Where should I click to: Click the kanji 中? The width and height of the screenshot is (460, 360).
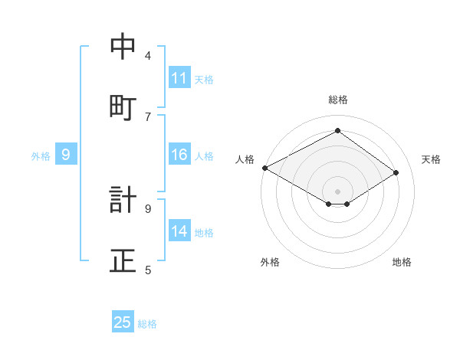point(123,47)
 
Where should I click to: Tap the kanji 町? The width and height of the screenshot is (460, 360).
point(123,108)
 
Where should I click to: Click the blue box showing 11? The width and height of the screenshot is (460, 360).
point(179,78)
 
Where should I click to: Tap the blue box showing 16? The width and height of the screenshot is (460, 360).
point(179,155)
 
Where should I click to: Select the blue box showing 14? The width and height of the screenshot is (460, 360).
point(179,232)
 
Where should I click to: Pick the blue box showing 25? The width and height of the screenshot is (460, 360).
point(123,322)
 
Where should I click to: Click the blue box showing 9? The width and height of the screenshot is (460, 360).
point(66,155)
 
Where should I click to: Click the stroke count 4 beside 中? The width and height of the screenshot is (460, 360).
point(148,55)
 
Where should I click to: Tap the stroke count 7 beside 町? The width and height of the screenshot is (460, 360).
point(148,116)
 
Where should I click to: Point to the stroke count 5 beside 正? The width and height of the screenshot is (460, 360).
point(148,270)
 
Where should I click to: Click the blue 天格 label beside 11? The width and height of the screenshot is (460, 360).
point(204,79)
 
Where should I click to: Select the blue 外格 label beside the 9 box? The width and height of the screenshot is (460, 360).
point(41,156)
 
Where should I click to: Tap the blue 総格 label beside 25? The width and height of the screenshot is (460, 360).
point(147,323)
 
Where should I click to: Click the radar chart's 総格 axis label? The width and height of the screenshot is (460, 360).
point(337,100)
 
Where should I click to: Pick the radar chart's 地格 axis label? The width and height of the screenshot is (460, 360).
point(402,263)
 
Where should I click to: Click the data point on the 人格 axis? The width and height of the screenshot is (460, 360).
point(264,167)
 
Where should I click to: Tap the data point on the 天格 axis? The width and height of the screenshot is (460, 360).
point(396,173)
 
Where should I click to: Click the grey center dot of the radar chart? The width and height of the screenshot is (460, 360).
point(337,191)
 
